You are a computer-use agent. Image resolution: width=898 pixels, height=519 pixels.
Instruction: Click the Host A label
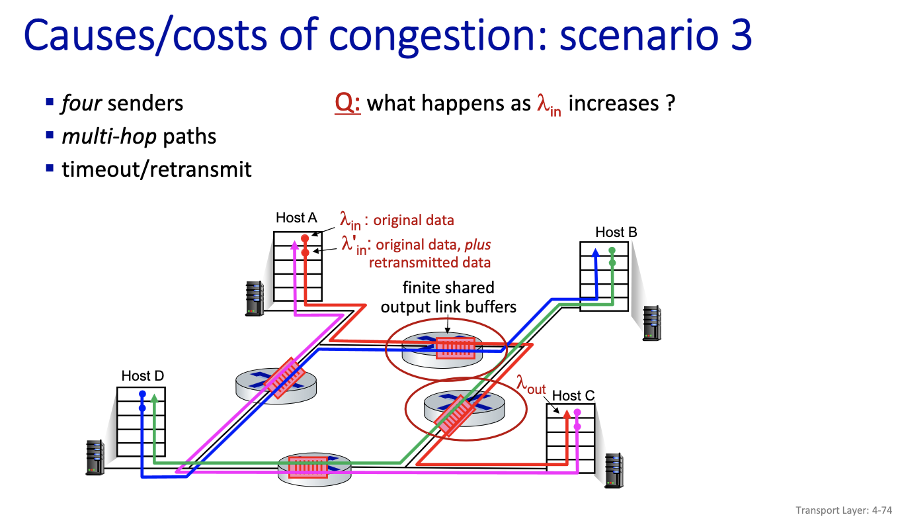[296, 218]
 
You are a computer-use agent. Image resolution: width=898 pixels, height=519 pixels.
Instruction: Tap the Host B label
[616, 232]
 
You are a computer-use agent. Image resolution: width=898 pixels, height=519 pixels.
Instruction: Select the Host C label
[573, 396]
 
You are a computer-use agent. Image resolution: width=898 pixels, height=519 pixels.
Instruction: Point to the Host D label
[142, 376]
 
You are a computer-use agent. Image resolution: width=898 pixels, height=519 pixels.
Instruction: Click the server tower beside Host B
[651, 322]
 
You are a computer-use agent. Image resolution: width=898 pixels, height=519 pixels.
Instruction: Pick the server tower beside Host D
[95, 457]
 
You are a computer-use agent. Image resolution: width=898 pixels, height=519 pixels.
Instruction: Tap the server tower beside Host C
[614, 470]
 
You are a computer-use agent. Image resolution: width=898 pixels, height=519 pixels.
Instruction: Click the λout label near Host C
[531, 383]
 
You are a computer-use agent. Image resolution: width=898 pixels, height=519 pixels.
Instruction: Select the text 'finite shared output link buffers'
[448, 297]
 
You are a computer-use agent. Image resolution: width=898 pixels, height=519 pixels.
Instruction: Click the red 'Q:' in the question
[348, 104]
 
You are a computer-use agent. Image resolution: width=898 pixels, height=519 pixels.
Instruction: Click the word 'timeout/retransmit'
[157, 169]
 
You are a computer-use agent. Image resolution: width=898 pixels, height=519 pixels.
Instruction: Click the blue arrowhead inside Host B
[596, 252]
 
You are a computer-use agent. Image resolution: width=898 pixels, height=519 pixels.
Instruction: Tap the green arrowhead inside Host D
[154, 397]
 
